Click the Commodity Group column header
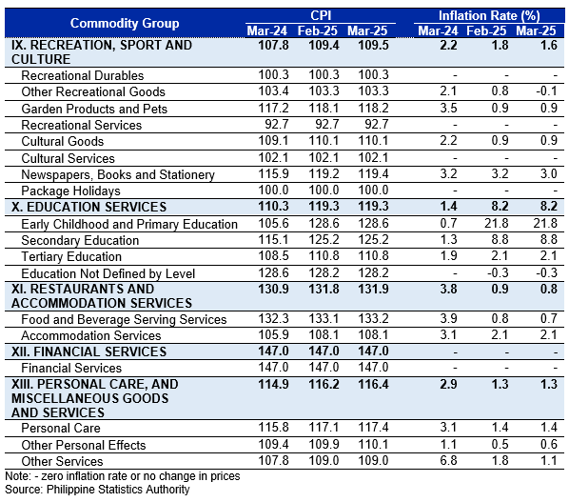pos(125,23)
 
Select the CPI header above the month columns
pos(321,15)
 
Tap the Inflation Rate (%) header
pos(489,15)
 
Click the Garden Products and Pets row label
pos(94,109)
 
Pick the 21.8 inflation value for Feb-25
pos(496,223)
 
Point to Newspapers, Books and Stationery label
pos(118,174)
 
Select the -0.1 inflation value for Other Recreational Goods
pos(546,90)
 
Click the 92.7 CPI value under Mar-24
pos(277,124)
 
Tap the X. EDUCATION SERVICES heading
pos(88,207)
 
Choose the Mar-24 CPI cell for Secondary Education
pos(273,239)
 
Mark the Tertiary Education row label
pos(71,256)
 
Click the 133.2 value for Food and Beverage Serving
pos(373,318)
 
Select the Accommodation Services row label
pos(91,335)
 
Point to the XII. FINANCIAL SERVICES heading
pos(88,351)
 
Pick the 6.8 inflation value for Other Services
pos(448,461)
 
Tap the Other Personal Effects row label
pos(84,445)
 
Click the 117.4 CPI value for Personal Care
pos(373,427)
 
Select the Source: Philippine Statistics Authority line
pos(97,490)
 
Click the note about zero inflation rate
pos(123,476)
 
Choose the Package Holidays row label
pos(70,191)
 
